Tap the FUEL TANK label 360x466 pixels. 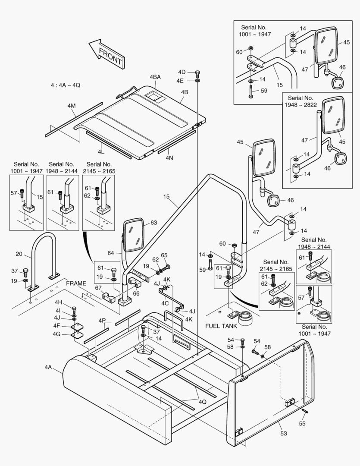(x=221, y=327)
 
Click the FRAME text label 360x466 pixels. (x=76, y=284)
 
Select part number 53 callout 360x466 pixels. (x=283, y=433)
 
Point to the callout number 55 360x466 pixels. (x=302, y=424)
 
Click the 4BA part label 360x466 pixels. (x=155, y=77)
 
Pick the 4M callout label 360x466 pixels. (x=72, y=106)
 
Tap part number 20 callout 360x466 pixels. (x=19, y=254)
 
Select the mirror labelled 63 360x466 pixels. (x=134, y=235)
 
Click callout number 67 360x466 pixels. (x=98, y=288)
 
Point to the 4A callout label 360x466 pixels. (x=48, y=367)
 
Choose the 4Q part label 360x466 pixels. (x=203, y=401)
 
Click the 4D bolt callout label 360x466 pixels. (x=182, y=72)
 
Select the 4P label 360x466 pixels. (x=102, y=321)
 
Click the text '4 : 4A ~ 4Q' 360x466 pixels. (x=66, y=85)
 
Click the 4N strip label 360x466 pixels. (x=169, y=158)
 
